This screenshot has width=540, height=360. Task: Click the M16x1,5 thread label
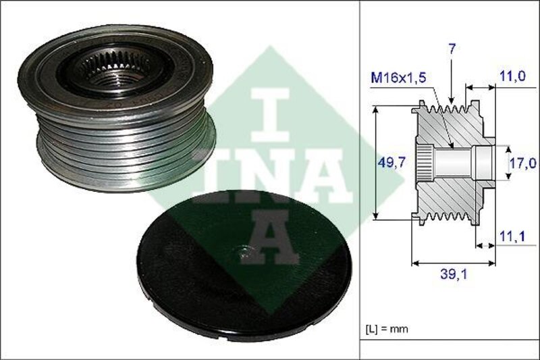[398, 78]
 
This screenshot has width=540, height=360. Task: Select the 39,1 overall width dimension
[454, 274]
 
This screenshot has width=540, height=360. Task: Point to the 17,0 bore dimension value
[523, 163]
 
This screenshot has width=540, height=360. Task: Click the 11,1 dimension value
[513, 236]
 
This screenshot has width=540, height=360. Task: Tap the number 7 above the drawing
[452, 49]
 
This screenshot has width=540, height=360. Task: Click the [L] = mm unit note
[386, 329]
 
